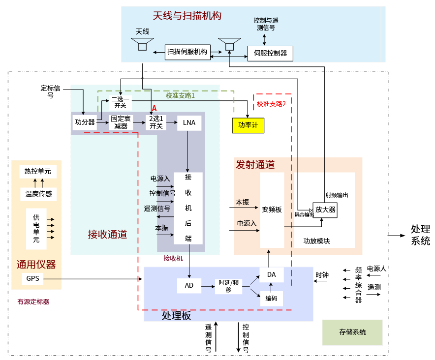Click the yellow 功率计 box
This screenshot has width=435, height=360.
pos(248,125)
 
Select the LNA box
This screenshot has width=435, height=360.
pos(189,122)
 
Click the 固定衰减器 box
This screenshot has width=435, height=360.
pos(121,122)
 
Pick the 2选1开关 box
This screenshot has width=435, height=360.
pos(156,122)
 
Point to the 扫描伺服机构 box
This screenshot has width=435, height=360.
pos(187,52)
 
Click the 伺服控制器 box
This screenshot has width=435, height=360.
pos(270,53)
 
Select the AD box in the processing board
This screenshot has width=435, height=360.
pos(189,285)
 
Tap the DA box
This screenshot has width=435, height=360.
pos(272,274)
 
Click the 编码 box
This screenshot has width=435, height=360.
pos(272,299)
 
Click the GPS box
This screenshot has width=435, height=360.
pos(33,279)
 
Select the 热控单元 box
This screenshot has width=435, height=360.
pos(38,171)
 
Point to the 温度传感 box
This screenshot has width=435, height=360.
pos(38,194)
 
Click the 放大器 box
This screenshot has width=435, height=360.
pos(325,210)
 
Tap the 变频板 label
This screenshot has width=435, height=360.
pos(272,210)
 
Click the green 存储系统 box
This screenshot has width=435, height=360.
pos(352,332)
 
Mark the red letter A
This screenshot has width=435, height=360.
pos(154,108)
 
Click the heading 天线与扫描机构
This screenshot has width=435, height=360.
pos(187,16)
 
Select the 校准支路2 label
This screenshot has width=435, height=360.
pos(271,104)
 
